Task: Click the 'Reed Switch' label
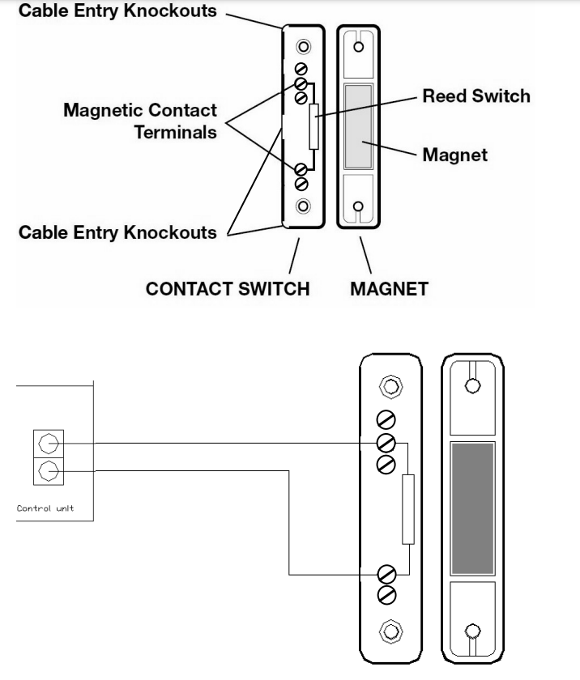[x=476, y=96]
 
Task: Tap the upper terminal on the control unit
[x=47, y=443]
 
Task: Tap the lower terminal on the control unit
[x=47, y=470]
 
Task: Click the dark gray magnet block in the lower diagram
[x=471, y=507]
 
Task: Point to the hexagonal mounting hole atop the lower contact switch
[x=390, y=388]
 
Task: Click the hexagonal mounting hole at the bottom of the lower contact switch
[x=390, y=629]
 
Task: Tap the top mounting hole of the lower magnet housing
[x=471, y=385]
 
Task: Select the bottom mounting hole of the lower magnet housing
[x=471, y=630]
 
